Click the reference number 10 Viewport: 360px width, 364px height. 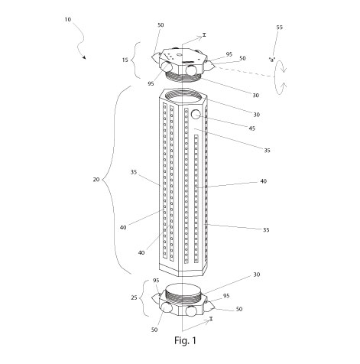(68, 20)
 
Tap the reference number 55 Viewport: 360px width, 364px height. (279, 28)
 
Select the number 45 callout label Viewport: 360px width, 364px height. (251, 128)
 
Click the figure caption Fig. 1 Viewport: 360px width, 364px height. (185, 340)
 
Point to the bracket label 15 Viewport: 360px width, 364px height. (125, 60)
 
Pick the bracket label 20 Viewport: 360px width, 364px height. (96, 180)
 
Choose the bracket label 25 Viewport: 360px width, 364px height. (134, 297)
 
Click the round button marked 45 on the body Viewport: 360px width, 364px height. (196, 114)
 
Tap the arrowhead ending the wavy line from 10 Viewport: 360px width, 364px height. (84, 57)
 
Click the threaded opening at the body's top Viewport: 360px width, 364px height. (184, 96)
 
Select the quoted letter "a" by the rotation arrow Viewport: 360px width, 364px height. (272, 60)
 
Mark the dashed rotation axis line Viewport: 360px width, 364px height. (245, 72)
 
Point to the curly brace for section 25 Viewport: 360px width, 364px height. (144, 297)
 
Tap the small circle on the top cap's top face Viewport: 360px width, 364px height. (178, 54)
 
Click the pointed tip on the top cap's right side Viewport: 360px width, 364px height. (215, 67)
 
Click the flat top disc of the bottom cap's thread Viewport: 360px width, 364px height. (183, 288)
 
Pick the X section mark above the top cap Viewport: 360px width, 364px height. (204, 34)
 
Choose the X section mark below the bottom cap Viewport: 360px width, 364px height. (211, 318)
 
